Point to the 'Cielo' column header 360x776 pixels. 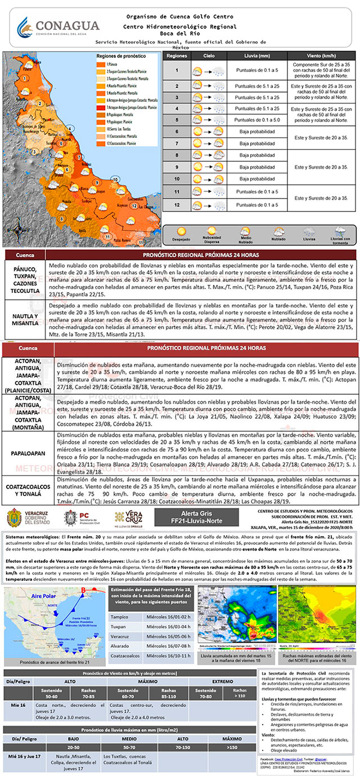point(209,57)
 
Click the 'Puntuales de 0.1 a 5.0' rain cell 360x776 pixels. point(256,120)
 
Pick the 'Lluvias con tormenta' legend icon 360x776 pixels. point(340,231)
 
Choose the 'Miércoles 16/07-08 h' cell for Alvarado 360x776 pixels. point(167,647)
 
